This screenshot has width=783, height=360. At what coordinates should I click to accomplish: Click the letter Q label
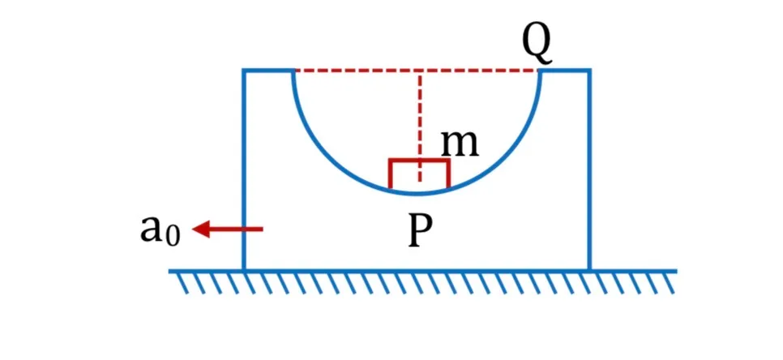click(x=537, y=45)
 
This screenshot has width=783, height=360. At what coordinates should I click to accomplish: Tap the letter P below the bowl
click(x=420, y=233)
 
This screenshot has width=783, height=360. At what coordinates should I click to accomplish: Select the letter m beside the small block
click(x=460, y=144)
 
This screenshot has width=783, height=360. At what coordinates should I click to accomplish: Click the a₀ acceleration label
click(x=160, y=231)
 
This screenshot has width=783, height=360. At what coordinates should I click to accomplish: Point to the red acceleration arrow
click(x=228, y=229)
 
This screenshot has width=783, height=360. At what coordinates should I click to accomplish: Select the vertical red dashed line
click(x=420, y=126)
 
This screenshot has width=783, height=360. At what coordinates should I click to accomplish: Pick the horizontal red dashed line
click(x=417, y=71)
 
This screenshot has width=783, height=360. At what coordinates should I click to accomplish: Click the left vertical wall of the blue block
click(x=244, y=169)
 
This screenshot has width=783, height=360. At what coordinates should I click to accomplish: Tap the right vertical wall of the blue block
click(x=590, y=169)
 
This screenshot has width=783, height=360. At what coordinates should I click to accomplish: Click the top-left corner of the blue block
click(x=244, y=71)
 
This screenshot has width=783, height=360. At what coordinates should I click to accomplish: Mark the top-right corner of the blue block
click(x=590, y=71)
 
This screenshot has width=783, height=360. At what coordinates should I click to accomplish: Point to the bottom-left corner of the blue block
click(x=244, y=270)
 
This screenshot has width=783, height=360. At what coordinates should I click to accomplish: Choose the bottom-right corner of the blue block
click(x=590, y=270)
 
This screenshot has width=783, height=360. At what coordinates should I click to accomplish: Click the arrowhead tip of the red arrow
click(x=193, y=229)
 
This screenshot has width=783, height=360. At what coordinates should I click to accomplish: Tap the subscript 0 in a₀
click(x=171, y=238)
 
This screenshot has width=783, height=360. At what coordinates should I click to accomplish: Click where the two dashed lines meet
click(x=420, y=71)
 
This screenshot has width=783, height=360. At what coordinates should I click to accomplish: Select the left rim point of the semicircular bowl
click(x=293, y=71)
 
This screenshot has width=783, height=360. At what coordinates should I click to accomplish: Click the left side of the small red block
click(x=390, y=174)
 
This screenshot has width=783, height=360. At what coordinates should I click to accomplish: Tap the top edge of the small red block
click(x=420, y=161)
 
